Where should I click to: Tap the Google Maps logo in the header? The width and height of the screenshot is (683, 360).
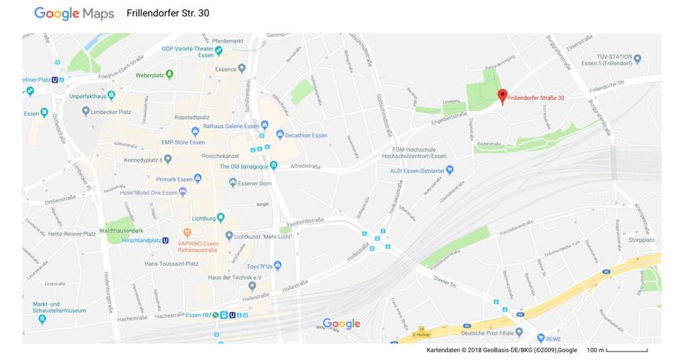[74, 14]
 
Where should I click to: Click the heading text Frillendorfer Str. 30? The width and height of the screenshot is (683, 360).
[167, 14]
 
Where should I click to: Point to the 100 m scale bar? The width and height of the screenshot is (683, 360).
[627, 350]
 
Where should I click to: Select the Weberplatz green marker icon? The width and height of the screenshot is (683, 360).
[169, 74]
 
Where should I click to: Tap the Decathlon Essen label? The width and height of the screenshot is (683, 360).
[306, 135]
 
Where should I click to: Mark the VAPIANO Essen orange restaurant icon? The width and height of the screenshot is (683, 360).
[187, 232]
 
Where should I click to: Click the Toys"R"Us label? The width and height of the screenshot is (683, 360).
[259, 266]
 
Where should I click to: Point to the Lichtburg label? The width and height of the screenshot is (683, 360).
[203, 218]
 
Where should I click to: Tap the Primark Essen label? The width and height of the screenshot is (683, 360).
[170, 179]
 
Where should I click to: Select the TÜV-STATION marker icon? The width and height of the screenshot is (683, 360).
[637, 59]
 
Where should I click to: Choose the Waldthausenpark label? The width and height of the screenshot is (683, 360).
[122, 231]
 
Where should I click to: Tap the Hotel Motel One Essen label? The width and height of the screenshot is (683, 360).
[149, 192]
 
